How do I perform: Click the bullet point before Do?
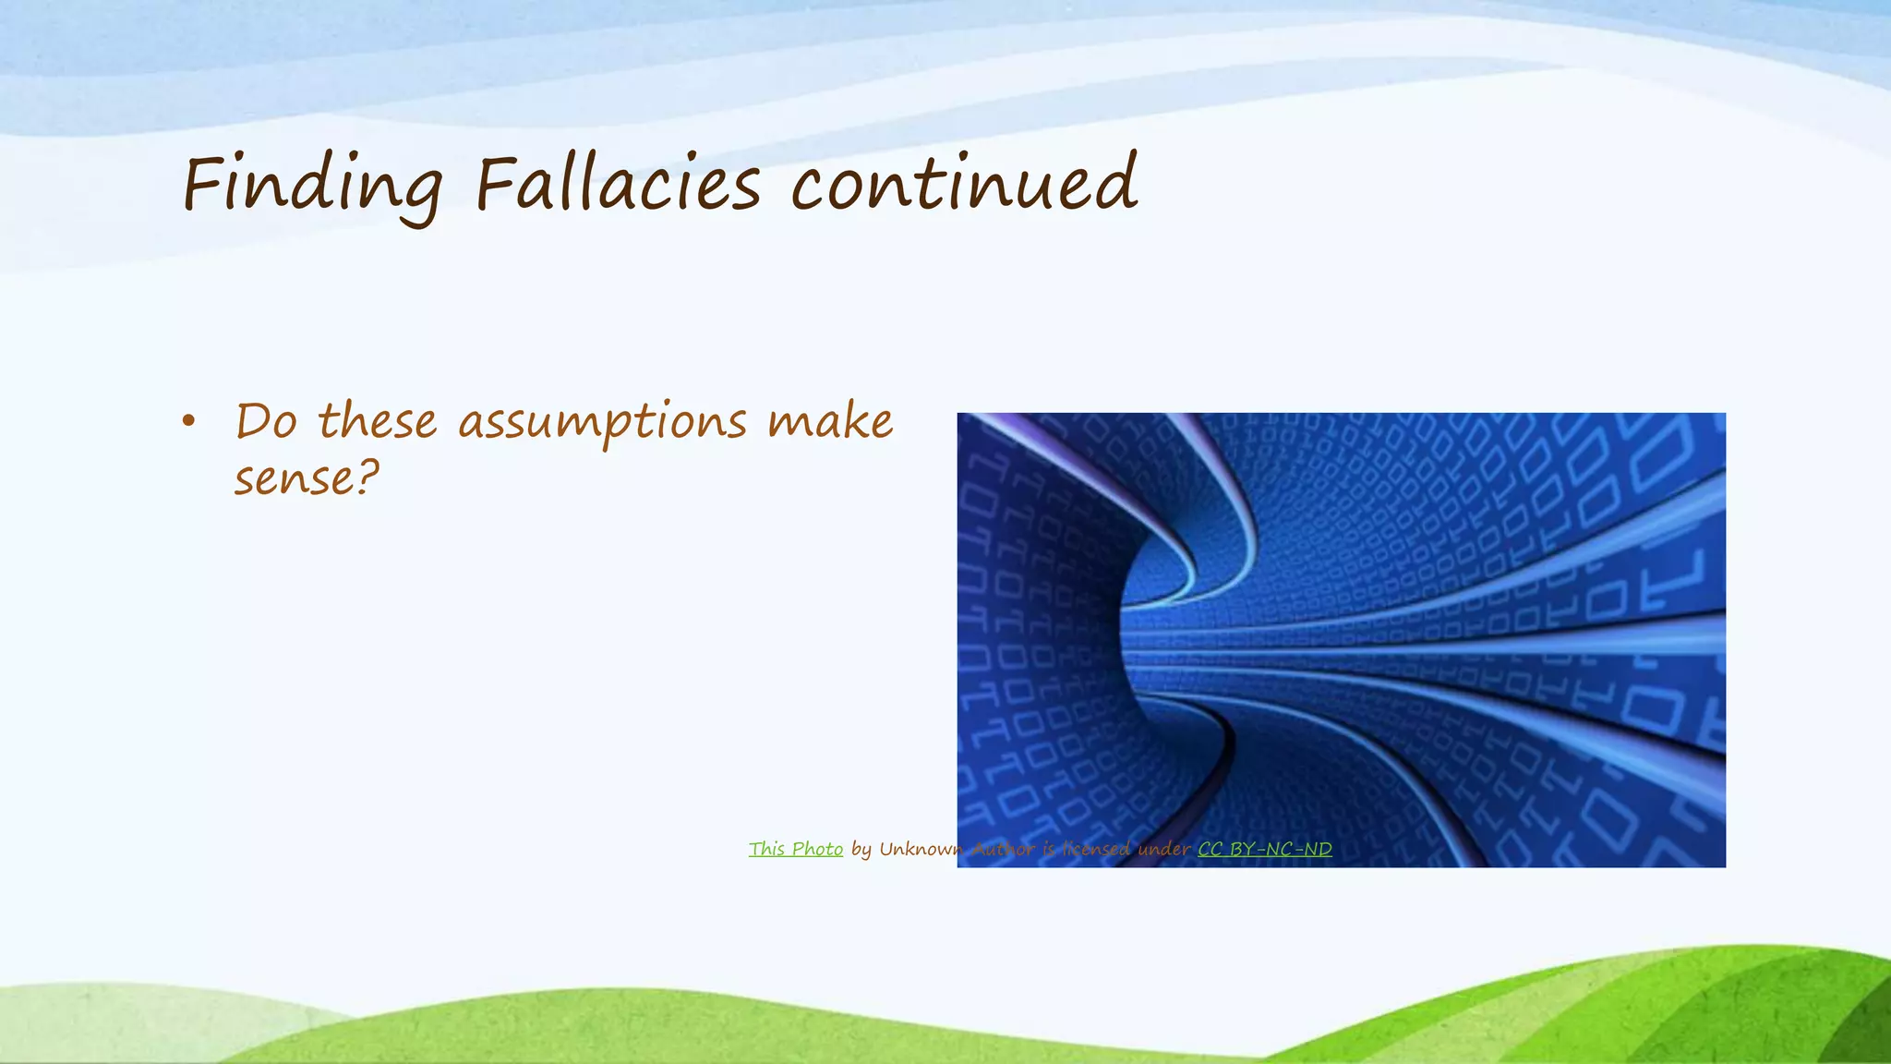[x=189, y=422]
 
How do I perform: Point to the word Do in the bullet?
[x=267, y=421]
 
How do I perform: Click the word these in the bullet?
[x=377, y=421]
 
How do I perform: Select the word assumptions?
[x=602, y=423]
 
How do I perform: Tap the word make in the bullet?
[x=830, y=421]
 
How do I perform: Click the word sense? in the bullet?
[x=306, y=478]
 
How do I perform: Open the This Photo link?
[x=795, y=849]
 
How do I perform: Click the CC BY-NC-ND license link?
[x=1264, y=849]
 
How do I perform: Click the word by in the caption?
[x=861, y=850]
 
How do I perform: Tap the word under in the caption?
[x=1163, y=849]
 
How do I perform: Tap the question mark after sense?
[x=367, y=478]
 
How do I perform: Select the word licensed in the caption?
[x=1095, y=849]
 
